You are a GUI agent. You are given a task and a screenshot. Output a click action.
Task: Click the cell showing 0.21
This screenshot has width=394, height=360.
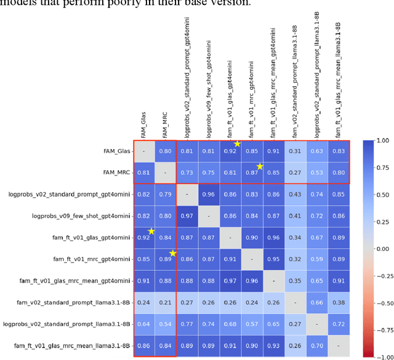click(165, 302)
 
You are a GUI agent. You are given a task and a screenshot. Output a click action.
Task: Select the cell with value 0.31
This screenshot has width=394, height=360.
click(295, 151)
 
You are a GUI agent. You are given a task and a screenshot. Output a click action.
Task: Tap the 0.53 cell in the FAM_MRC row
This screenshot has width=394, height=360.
click(316, 172)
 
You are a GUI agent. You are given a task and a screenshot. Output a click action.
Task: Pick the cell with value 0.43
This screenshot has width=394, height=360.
click(295, 194)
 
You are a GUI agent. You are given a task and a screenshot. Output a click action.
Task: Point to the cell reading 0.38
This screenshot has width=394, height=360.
click(338, 302)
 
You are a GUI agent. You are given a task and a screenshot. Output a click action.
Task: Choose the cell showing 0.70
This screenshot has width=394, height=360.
click(316, 345)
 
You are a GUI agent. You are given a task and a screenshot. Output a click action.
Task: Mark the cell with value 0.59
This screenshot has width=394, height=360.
click(316, 259)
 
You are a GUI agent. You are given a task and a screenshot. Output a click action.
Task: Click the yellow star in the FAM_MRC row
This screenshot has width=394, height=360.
click(260, 166)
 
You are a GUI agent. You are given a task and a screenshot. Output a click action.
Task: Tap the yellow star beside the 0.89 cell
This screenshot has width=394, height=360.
click(173, 253)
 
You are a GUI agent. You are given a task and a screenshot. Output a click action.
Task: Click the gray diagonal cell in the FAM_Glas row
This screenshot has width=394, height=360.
click(143, 151)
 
